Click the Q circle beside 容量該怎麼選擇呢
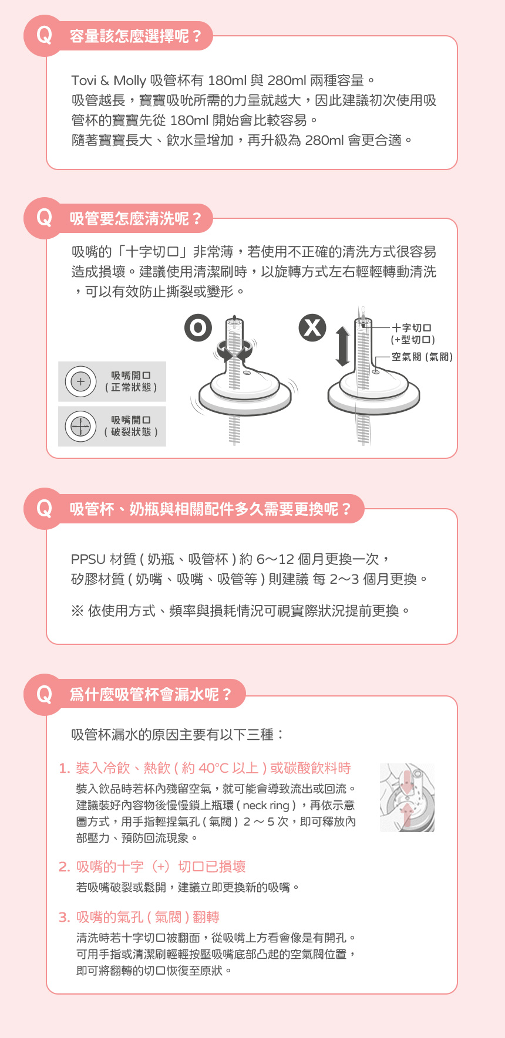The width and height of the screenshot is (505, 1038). (x=44, y=36)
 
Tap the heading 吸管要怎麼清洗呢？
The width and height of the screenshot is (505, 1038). (x=136, y=219)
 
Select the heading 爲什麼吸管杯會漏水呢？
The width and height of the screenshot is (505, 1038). (x=151, y=695)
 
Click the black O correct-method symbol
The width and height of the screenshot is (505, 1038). (x=198, y=327)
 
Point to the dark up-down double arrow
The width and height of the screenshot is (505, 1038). (x=343, y=346)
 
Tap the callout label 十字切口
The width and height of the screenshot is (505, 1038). (x=412, y=328)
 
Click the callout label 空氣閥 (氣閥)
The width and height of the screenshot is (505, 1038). (x=422, y=356)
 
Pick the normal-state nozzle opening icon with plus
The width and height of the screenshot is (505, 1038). (x=80, y=381)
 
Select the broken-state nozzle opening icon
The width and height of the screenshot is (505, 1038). (x=80, y=426)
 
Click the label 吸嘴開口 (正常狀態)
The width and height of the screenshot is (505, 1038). (x=131, y=381)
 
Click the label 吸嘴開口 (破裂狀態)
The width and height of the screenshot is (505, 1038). (x=131, y=426)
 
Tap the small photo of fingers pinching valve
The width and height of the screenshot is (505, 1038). (x=407, y=797)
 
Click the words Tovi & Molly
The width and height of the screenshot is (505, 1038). (x=109, y=80)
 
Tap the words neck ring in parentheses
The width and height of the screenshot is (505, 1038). (x=266, y=806)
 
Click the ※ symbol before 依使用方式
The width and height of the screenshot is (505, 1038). (x=77, y=611)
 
